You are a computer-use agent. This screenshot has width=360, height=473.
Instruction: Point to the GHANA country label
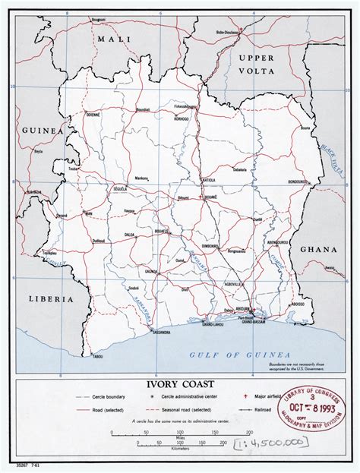point(319,249)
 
